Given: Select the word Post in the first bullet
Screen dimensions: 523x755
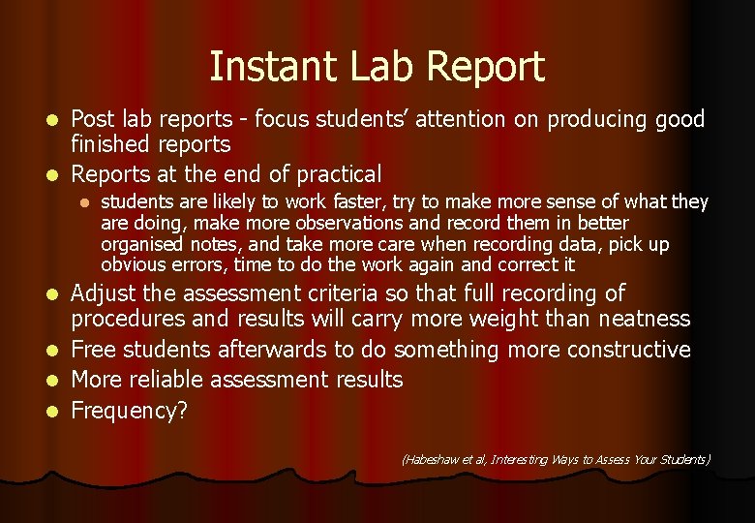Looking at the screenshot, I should click(93, 119).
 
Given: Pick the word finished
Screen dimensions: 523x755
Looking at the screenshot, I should click(109, 144).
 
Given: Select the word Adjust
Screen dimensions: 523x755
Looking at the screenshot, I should click(107, 293).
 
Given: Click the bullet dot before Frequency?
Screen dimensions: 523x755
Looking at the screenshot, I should click(54, 411).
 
